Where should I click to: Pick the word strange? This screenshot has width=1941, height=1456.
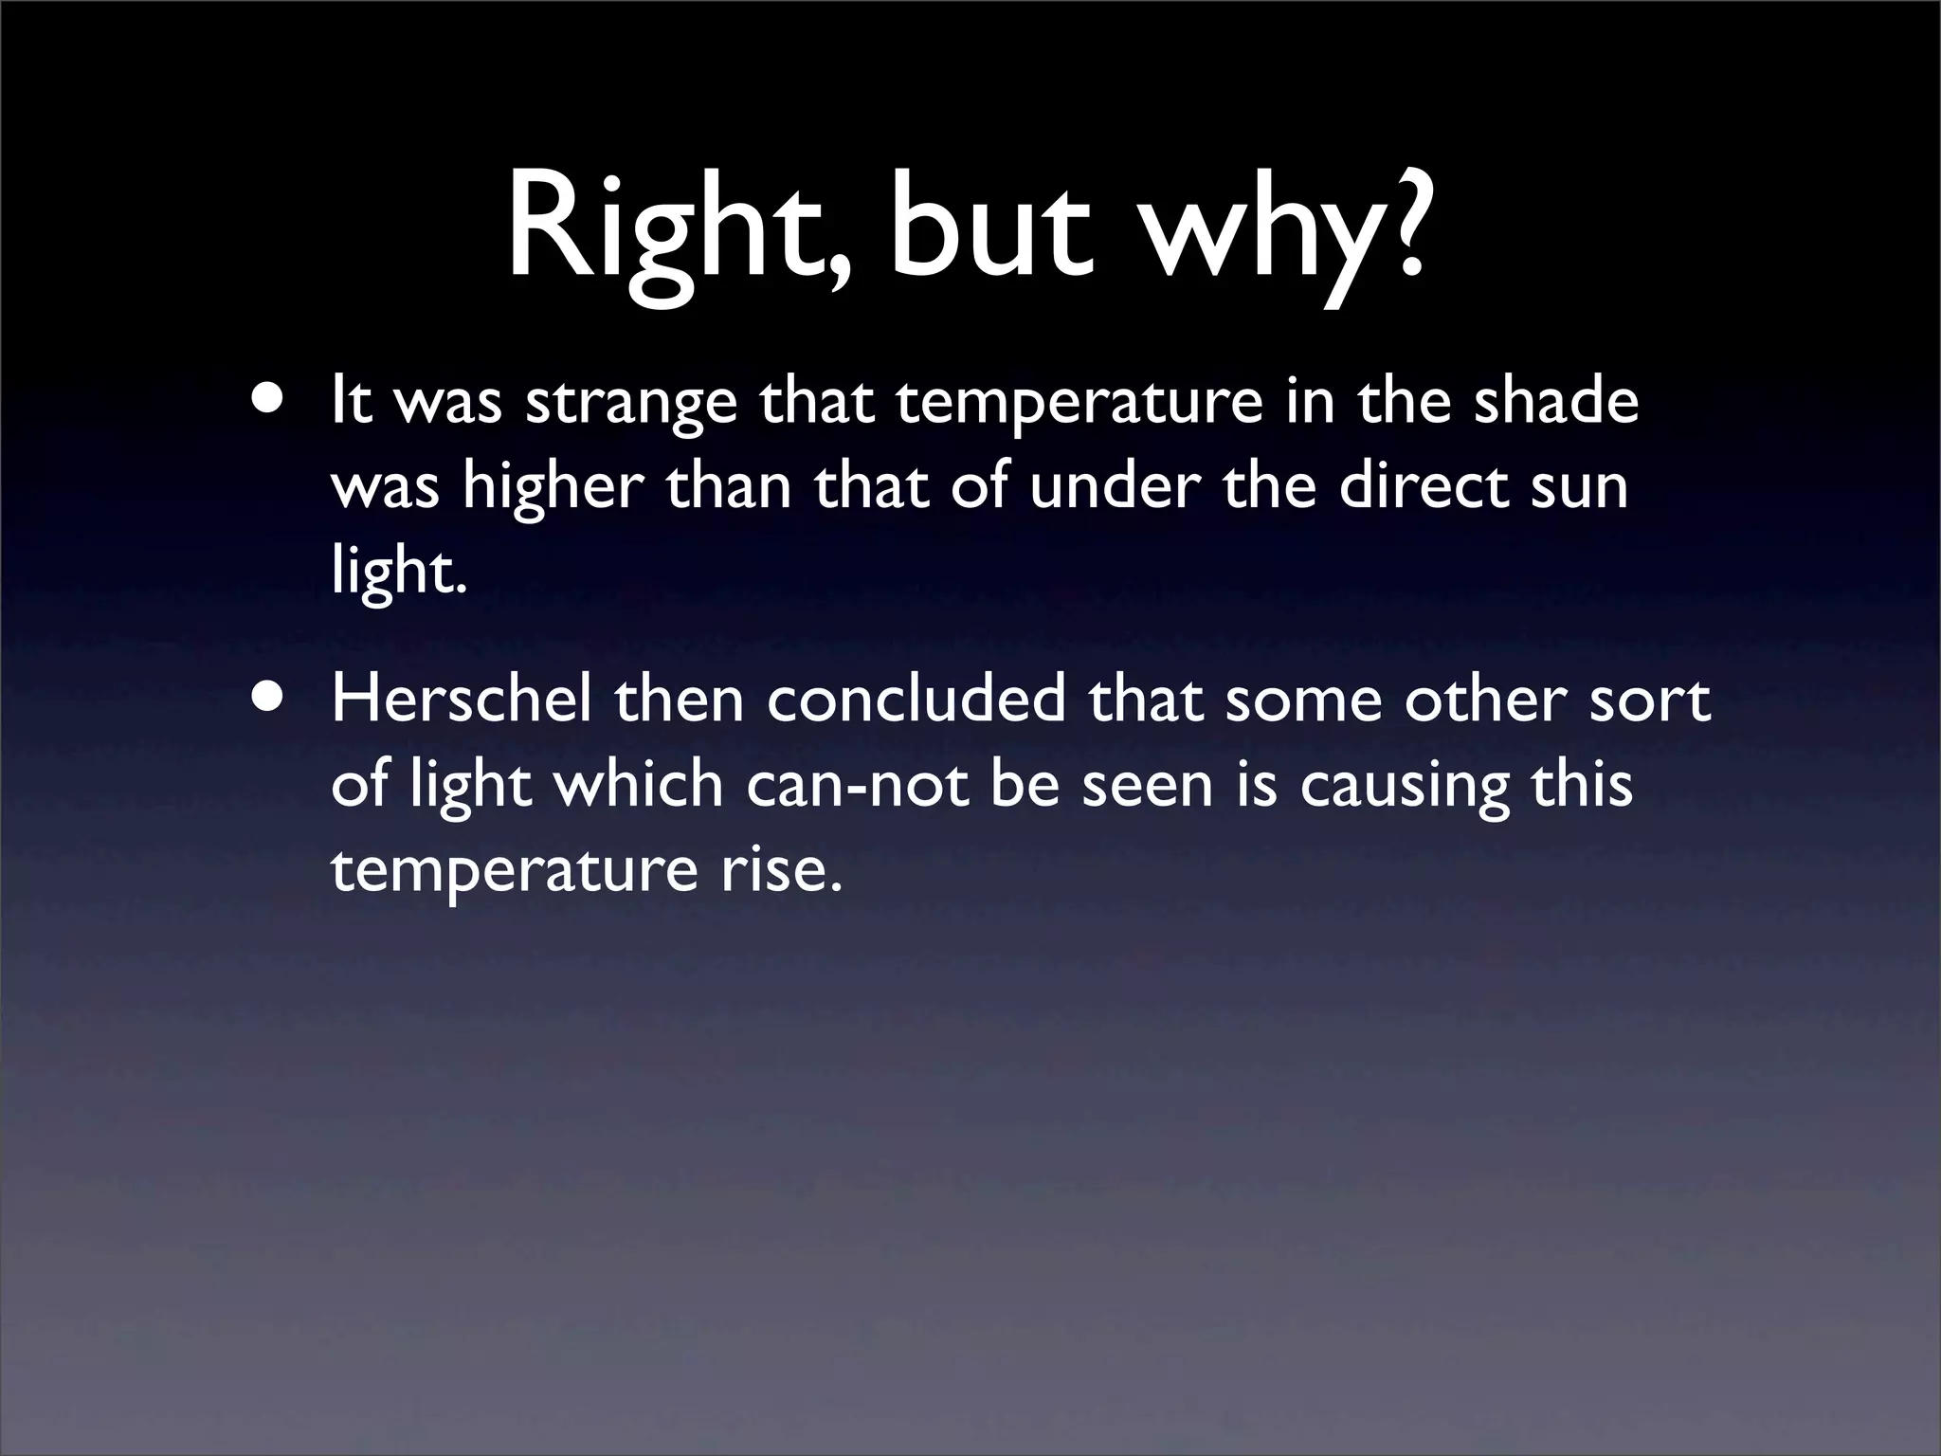631,404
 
